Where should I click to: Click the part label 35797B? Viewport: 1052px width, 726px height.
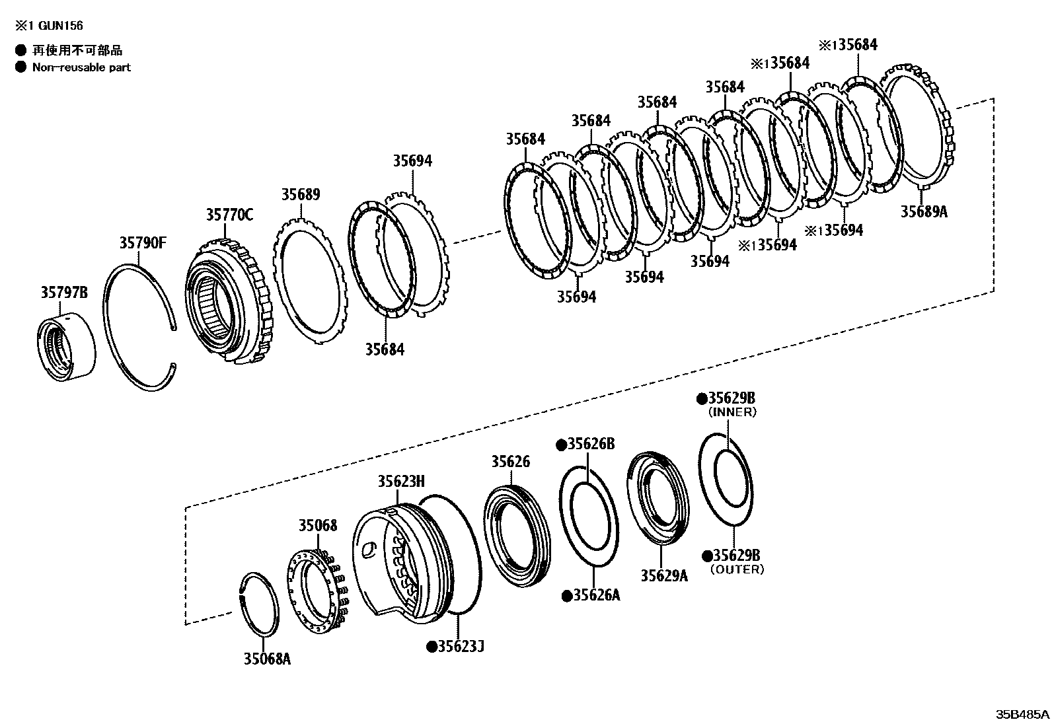click(64, 293)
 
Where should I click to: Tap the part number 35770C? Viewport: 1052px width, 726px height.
click(229, 215)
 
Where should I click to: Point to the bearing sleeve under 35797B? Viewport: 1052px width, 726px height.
click(65, 349)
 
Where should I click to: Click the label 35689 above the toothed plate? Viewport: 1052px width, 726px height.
click(301, 195)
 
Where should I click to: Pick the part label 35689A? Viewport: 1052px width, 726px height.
click(924, 212)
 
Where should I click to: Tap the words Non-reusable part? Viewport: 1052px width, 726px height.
click(81, 67)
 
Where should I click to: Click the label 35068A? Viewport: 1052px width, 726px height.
click(267, 659)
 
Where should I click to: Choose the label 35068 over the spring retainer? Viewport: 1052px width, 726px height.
click(317, 526)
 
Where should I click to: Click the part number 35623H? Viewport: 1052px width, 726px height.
click(401, 482)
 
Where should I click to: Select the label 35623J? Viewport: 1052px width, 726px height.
click(461, 646)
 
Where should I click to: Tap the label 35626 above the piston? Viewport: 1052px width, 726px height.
click(510, 462)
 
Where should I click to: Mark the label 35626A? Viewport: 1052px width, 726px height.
click(596, 596)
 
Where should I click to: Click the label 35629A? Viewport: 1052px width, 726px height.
click(663, 575)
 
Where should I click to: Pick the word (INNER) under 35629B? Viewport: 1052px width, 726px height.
click(732, 412)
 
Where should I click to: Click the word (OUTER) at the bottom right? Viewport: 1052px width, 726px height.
click(737, 569)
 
